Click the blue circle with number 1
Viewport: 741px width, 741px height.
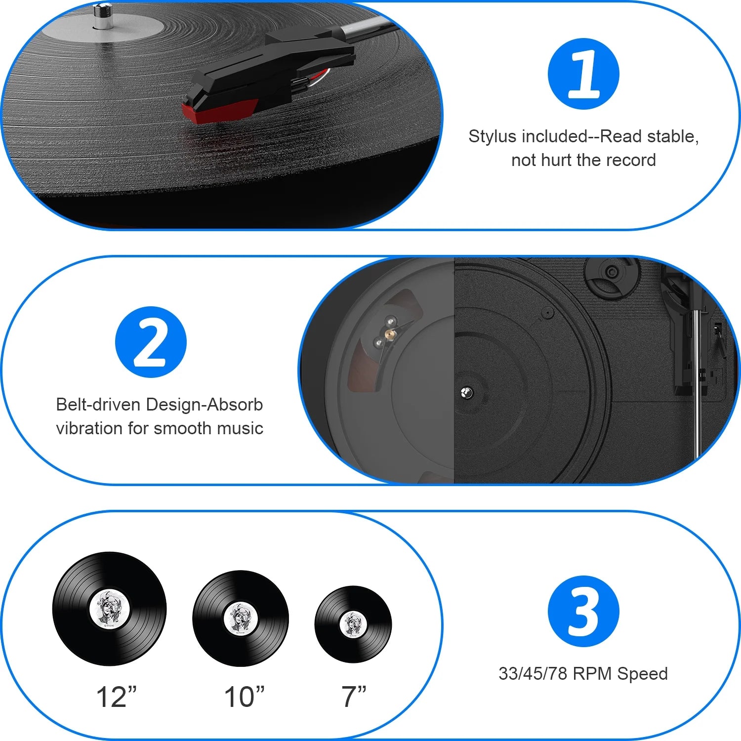tap(583, 74)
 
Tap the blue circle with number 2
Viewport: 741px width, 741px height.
tap(151, 342)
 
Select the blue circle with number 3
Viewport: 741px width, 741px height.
tap(583, 612)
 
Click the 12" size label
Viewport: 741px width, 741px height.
tap(116, 697)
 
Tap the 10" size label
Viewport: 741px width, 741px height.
tap(244, 697)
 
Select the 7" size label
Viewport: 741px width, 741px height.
tap(354, 697)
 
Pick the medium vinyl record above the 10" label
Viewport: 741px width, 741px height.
tap(241, 618)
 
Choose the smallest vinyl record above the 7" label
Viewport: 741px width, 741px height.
tap(353, 624)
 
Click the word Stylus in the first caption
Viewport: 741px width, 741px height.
tap(493, 136)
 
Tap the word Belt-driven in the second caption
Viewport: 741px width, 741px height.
tap(98, 405)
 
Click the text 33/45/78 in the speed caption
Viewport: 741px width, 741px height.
tap(533, 674)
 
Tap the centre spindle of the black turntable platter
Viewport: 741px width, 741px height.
tap(466, 393)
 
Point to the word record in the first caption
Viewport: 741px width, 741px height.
tap(633, 160)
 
